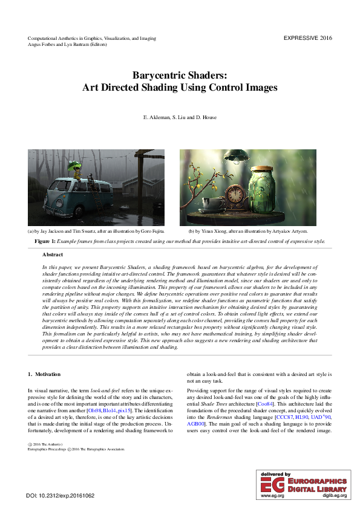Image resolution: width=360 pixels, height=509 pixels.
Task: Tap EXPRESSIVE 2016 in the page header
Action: pos(307,38)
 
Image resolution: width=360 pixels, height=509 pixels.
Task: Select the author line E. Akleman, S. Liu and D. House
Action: pos(179,117)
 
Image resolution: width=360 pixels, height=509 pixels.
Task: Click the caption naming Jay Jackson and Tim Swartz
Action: pos(96,231)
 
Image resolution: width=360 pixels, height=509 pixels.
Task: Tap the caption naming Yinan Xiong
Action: pos(248,231)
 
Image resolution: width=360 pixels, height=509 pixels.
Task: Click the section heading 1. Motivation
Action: pos(44,375)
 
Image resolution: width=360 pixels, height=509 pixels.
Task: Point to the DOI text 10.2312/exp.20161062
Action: pos(67,496)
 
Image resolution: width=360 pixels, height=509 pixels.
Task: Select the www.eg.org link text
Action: pos(269,495)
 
